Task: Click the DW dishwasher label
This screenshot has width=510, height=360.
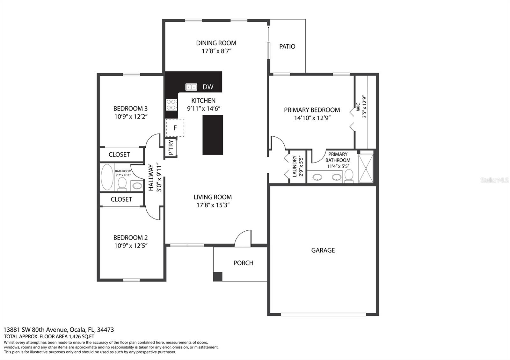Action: tap(208, 87)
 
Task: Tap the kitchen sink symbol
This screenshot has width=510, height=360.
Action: tap(191, 87)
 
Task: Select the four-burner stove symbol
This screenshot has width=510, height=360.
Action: tap(171, 104)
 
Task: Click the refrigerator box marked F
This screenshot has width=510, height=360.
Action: tap(175, 128)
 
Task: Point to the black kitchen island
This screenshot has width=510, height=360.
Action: tap(213, 135)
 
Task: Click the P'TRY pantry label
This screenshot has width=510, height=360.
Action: tap(171, 148)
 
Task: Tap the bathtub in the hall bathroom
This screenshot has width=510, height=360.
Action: tap(107, 177)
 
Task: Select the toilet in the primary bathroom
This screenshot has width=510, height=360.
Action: tap(349, 176)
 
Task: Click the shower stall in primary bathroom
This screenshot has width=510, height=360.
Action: tap(366, 169)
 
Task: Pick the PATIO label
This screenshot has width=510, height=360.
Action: tap(287, 47)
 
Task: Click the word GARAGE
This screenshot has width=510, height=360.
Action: tap(323, 250)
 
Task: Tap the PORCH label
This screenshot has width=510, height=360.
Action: tap(243, 263)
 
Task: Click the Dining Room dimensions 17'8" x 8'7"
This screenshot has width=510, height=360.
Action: tap(216, 51)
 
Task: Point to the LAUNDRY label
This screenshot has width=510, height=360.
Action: tap(295, 166)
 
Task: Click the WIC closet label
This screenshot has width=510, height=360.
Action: tap(358, 107)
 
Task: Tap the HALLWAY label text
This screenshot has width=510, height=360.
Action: tap(151, 177)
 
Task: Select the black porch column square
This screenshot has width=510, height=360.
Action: tap(217, 276)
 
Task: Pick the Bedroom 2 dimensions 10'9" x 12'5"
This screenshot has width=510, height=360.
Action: tap(131, 246)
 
